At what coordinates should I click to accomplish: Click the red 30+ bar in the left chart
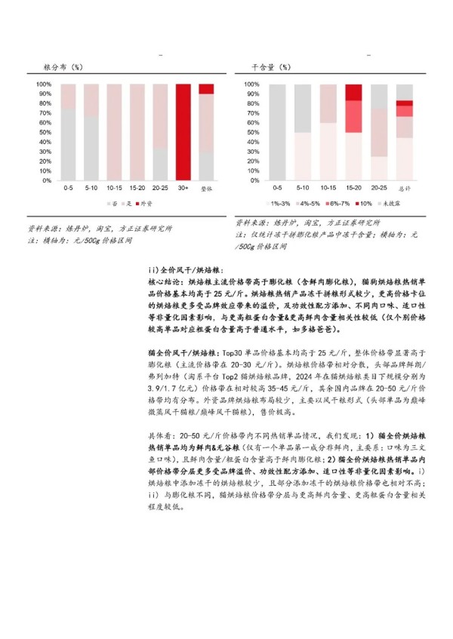tap(183, 132)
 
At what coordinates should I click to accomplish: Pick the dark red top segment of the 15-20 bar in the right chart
tap(353, 92)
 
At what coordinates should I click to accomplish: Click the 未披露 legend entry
tap(398, 204)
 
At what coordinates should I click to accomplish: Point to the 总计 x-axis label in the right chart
tap(404, 187)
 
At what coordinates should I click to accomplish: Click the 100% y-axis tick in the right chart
tap(253, 84)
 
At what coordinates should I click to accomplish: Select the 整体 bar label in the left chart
tap(205, 188)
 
